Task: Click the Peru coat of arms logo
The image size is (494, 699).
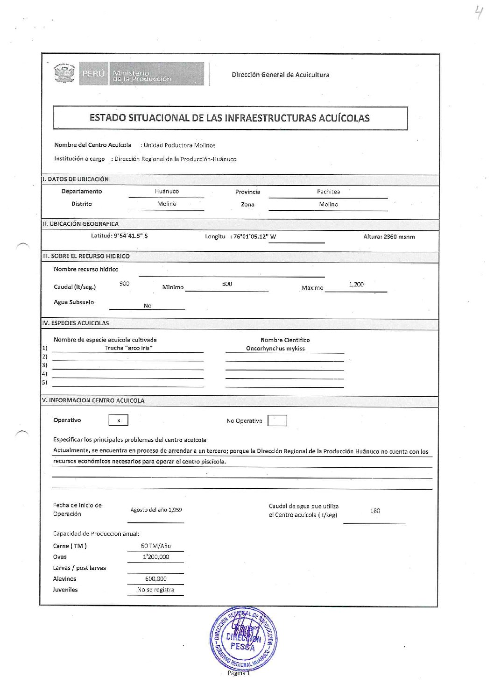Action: coord(65,73)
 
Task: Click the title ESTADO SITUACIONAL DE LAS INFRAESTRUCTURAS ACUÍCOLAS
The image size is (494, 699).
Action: coord(229,118)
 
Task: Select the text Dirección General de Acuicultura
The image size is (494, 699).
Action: coord(280,75)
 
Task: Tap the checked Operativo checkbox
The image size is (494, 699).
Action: coord(119,420)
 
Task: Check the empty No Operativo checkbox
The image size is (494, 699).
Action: coord(277,421)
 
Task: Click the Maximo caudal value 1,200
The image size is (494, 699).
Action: coord(356,284)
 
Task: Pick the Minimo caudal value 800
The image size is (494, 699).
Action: coord(227,284)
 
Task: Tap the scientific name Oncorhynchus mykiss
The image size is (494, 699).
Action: coord(275,349)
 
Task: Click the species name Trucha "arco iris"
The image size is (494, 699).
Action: coord(128,348)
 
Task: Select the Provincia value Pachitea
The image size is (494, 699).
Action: coord(328,192)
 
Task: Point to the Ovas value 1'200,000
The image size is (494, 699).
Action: coord(156,556)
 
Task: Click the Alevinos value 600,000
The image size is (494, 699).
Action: coord(156,578)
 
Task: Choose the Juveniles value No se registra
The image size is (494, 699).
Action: coord(155,590)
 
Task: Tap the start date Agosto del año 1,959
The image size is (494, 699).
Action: coord(156,510)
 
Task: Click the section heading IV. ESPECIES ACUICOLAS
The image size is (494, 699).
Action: coord(75,323)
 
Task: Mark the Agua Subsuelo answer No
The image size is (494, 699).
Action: coord(147,306)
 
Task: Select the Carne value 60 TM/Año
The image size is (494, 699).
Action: coord(156,546)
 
